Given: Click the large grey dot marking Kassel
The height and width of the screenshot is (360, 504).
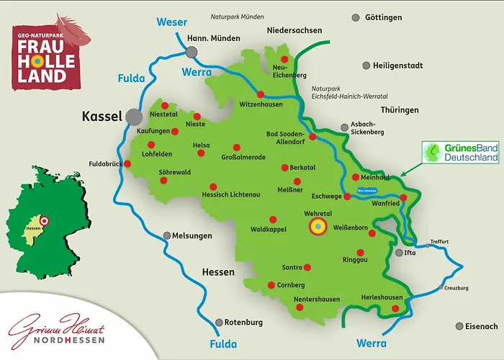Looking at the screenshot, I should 133,116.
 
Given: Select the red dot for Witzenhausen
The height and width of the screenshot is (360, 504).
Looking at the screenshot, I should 260,94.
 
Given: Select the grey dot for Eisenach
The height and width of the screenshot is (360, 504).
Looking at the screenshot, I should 459,326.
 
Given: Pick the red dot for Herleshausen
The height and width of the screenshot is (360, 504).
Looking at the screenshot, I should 395,309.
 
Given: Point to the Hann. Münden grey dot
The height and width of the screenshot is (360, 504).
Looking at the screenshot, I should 191,52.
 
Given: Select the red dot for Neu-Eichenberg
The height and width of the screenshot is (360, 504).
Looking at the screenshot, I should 284,59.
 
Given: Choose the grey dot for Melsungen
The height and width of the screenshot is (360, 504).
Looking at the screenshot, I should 167,235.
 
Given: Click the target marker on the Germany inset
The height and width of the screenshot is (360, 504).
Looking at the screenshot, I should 44,222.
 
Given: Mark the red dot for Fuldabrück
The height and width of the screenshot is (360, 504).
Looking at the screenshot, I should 127,163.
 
